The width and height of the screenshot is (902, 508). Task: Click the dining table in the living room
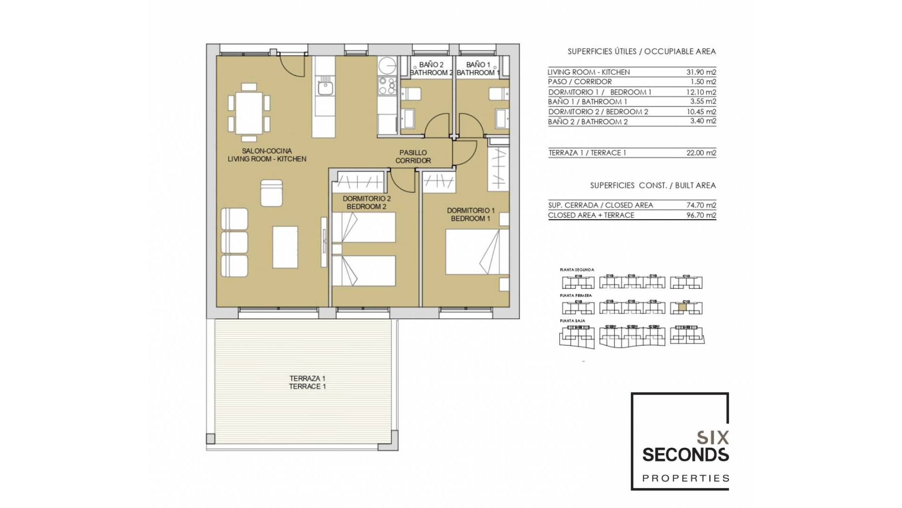click(x=249, y=113)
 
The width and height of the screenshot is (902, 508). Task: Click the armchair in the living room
click(x=272, y=192)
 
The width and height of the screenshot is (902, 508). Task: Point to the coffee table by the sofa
click(x=285, y=247)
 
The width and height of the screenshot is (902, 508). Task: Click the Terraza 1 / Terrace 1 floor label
click(x=308, y=382)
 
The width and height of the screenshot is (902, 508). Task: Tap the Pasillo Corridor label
click(x=413, y=157)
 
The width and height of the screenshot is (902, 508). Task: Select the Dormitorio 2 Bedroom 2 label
click(x=366, y=203)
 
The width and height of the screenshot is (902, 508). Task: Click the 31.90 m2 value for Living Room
click(x=701, y=72)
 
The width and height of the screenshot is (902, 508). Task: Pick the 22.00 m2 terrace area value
click(x=701, y=152)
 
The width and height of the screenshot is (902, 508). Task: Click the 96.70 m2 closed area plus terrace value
click(x=701, y=215)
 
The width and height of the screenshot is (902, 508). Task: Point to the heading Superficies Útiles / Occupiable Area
click(x=641, y=52)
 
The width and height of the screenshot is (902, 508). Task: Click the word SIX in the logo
click(x=712, y=438)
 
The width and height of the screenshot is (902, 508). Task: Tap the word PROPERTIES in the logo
click(x=685, y=478)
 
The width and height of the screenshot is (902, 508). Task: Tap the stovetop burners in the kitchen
click(x=388, y=87)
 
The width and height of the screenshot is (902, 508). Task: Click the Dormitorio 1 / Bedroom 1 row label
click(x=599, y=92)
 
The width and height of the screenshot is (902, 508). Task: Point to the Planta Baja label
click(x=572, y=321)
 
